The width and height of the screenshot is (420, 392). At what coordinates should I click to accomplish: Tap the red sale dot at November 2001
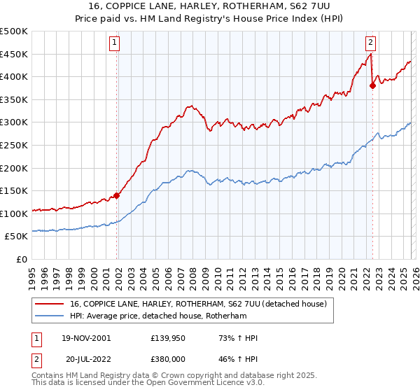point(117,195)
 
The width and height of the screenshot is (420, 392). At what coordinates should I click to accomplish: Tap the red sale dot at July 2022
point(372,86)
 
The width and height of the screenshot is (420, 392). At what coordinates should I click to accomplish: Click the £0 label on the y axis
point(21,259)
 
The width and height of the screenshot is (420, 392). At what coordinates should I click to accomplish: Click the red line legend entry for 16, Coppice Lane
point(203,304)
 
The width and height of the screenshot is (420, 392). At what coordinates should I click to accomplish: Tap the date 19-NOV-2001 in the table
point(86,338)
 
